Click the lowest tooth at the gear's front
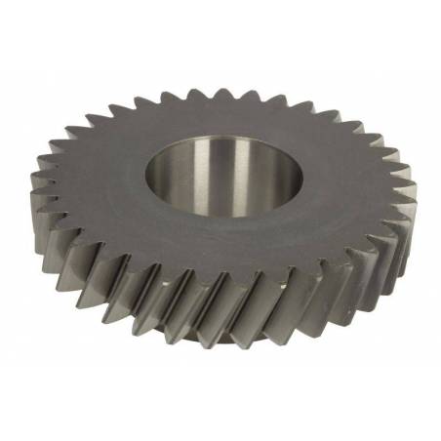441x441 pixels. pos(226,337)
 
